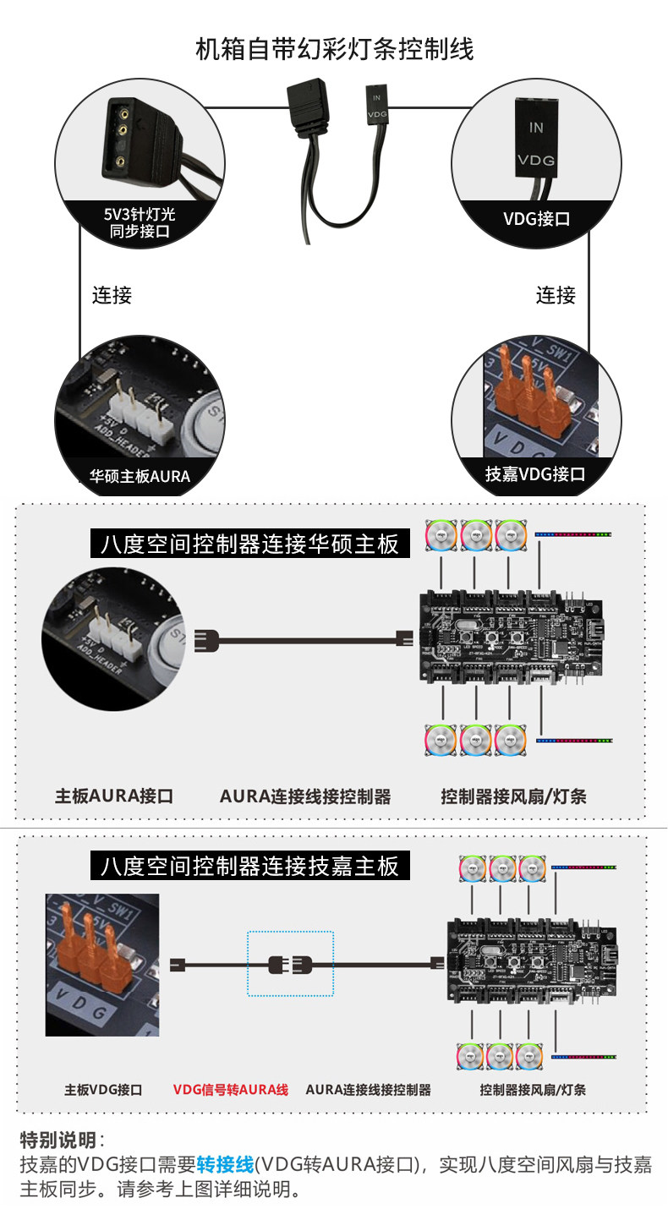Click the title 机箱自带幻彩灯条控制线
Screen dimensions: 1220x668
(x=334, y=50)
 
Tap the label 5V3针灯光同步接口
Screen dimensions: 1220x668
(x=140, y=222)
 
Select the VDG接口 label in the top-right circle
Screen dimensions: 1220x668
(x=536, y=219)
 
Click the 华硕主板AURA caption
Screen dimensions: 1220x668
(x=140, y=476)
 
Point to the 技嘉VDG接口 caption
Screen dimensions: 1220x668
(x=534, y=474)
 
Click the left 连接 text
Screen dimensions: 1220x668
(x=112, y=295)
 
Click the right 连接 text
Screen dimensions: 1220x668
(x=556, y=295)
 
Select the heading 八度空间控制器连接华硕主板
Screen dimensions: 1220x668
(x=249, y=543)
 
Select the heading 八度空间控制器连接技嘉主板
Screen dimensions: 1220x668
(x=249, y=866)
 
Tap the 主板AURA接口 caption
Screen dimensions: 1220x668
(x=114, y=796)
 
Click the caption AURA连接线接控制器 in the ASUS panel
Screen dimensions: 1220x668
(x=305, y=796)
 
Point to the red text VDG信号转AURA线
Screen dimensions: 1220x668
(x=231, y=1090)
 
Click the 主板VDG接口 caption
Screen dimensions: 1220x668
(x=103, y=1090)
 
